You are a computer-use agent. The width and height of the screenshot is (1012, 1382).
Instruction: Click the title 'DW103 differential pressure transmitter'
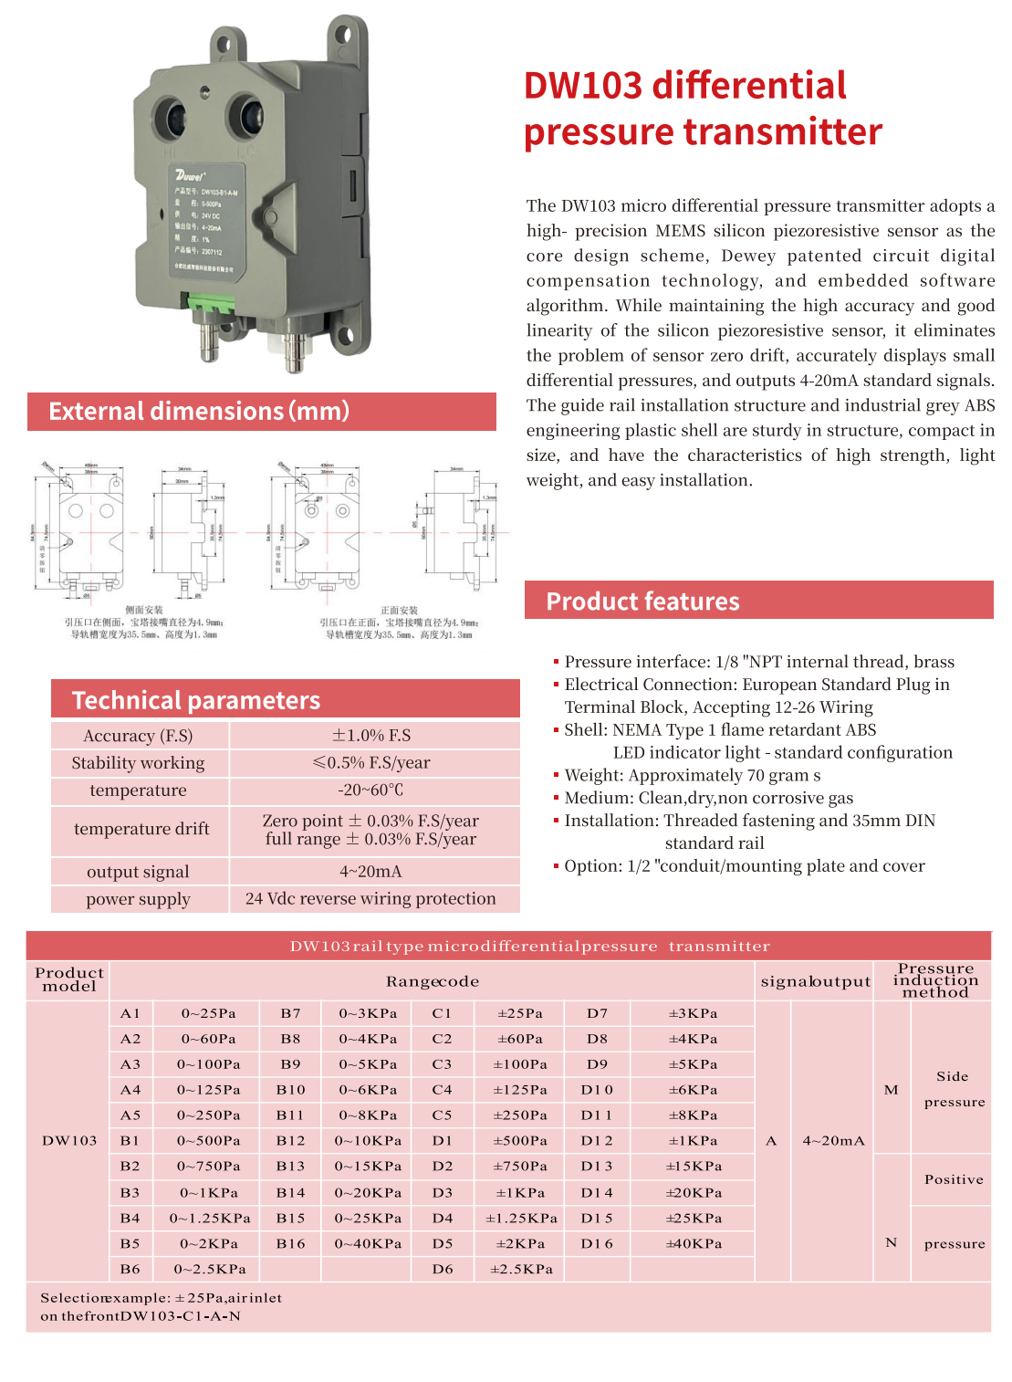pos(703,109)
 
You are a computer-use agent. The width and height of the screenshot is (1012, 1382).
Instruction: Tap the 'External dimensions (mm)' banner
pos(199,412)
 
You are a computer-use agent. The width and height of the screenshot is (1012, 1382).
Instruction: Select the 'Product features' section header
pos(642,602)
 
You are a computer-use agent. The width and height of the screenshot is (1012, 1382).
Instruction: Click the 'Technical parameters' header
pos(196,700)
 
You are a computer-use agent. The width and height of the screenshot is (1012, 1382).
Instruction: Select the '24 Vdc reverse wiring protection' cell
pos(370,899)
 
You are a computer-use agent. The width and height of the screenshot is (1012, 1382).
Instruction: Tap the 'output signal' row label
pos(139,872)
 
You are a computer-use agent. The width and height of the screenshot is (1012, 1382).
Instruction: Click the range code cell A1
pos(130,1013)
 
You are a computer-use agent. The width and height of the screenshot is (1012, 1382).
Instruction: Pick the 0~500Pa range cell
pos(209,1141)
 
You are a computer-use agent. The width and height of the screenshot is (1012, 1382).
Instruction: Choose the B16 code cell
pos(291,1244)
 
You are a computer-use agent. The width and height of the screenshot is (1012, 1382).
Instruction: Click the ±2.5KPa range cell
pos(521,1269)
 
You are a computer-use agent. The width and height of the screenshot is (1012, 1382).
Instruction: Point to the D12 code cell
pos(598,1141)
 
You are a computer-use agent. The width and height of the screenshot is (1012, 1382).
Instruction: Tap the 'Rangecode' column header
pos(433,981)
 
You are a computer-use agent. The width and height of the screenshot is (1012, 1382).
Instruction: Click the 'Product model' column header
pos(69,979)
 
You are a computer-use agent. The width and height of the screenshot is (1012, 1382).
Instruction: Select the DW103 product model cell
pos(69,1141)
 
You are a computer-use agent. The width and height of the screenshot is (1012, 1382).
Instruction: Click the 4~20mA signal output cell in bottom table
pos(833,1141)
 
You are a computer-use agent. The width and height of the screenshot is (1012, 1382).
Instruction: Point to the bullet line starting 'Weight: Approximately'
pos(692,775)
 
